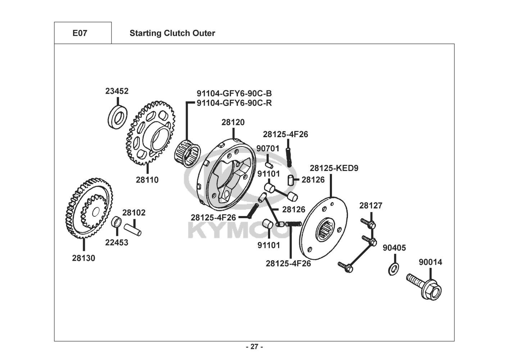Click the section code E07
79,33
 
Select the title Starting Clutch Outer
172,33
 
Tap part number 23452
117,91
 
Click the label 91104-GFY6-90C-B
234,94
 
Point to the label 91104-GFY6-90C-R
234,103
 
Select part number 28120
233,122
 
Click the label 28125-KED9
334,168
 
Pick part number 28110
147,180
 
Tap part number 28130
83,258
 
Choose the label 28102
134,213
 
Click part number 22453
117,242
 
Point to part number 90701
268,148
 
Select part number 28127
371,206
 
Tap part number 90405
394,248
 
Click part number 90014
430,262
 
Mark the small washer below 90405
394,269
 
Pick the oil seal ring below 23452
117,116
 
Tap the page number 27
254,347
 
